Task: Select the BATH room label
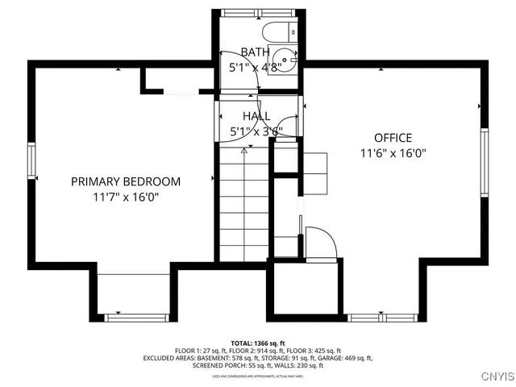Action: pos(255,52)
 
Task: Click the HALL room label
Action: pos(256,116)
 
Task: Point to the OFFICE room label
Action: pos(393,138)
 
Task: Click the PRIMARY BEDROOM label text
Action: pos(126,181)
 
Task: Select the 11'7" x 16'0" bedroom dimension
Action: pos(125,197)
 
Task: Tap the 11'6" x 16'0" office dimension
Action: pos(393,152)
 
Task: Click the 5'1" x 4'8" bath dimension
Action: pos(255,68)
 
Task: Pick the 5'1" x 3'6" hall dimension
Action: pos(256,131)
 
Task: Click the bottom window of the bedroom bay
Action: pos(131,316)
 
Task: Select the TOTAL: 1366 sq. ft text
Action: pos(258,343)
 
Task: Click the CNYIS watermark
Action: pos(495,376)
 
